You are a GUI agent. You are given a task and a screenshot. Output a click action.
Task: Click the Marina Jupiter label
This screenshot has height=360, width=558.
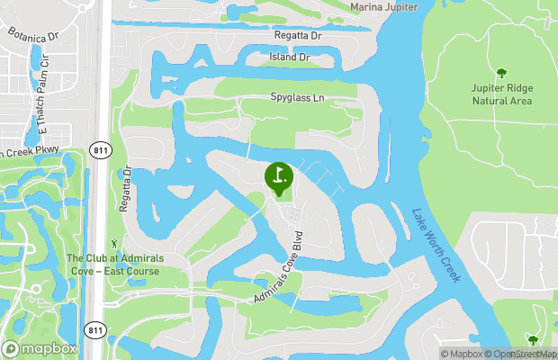click(383, 6)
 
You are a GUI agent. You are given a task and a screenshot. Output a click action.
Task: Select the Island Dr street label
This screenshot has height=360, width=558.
click(289, 57)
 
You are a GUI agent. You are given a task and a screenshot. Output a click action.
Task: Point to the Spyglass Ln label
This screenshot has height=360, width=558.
click(297, 96)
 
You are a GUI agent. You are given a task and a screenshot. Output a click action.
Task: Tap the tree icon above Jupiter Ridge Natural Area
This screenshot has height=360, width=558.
click(501, 72)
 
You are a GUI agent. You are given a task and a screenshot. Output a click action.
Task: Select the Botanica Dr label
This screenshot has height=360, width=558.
click(32, 34)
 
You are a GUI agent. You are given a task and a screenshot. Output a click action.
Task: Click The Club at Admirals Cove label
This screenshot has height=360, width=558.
click(114, 265)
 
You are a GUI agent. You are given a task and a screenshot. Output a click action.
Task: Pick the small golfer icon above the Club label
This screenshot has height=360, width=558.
click(113, 243)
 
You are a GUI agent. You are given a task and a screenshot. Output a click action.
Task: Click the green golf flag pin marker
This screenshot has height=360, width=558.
click(278, 176)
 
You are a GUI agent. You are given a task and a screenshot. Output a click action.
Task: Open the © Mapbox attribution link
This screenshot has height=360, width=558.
click(461, 353)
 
